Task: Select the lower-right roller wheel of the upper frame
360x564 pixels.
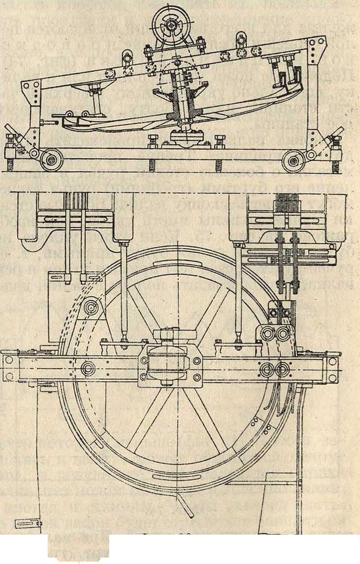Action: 293,161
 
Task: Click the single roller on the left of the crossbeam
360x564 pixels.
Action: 88,368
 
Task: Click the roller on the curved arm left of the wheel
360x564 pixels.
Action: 91,307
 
